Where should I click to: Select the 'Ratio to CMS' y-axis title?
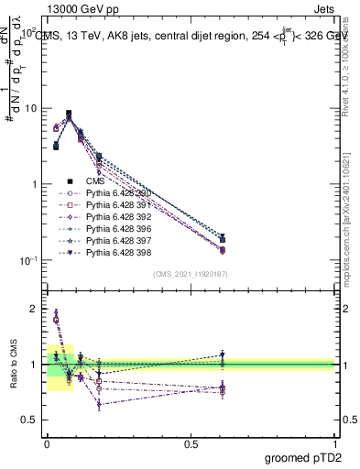(13, 366)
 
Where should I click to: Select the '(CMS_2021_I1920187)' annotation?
(190, 274)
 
